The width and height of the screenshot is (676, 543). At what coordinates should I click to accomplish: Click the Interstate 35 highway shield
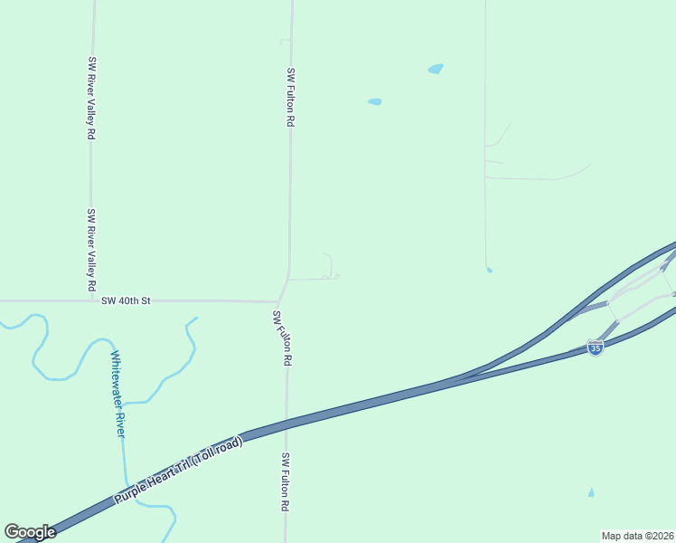(x=595, y=348)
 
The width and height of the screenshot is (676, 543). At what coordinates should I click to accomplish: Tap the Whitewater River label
(x=117, y=393)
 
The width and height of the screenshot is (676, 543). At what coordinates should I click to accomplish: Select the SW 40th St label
(x=126, y=300)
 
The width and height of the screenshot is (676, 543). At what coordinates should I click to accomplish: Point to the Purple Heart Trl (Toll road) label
(x=179, y=471)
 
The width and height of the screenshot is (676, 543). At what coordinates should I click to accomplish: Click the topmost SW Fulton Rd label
(x=290, y=96)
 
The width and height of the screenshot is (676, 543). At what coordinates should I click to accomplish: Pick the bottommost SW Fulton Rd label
(x=285, y=482)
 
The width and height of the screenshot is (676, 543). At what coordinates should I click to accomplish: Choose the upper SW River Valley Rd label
(x=91, y=98)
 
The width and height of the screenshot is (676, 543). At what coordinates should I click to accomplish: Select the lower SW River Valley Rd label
(x=91, y=249)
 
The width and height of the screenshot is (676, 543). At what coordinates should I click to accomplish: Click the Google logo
(x=30, y=532)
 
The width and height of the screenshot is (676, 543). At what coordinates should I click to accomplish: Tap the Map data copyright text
(x=637, y=536)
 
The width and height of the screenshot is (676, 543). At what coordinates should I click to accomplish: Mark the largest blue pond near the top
(x=436, y=69)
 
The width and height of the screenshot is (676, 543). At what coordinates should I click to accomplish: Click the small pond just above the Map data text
(x=591, y=493)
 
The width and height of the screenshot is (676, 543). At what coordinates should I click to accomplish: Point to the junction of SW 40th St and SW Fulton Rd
(x=278, y=301)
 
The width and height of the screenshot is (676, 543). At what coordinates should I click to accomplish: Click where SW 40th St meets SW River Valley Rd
(x=90, y=300)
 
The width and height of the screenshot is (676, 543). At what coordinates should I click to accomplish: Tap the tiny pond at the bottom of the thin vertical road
(x=489, y=270)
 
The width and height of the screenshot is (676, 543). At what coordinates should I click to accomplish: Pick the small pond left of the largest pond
(x=374, y=101)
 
